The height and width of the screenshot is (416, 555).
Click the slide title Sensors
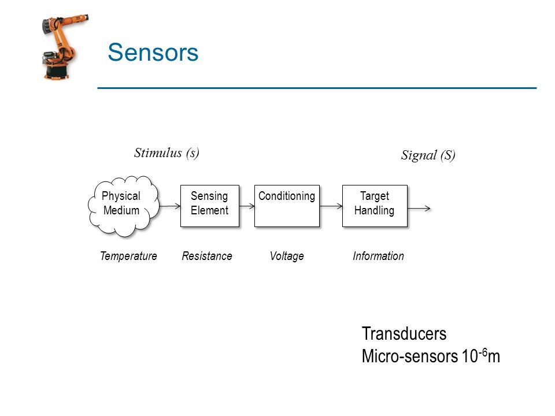click(x=153, y=53)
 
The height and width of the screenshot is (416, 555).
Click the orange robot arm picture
click(x=64, y=46)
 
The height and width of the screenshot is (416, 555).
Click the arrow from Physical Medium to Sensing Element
click(x=170, y=206)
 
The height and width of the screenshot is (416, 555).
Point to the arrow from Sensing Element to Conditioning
click(x=247, y=206)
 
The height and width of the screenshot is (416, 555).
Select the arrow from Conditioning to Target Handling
click(x=331, y=206)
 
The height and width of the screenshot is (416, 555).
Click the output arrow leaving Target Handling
click(x=419, y=209)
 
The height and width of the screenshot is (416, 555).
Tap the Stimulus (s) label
click(x=166, y=153)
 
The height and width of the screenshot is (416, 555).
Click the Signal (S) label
click(x=428, y=155)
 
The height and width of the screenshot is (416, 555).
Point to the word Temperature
click(x=128, y=256)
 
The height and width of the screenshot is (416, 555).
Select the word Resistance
click(x=207, y=256)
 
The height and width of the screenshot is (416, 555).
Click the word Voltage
click(x=287, y=256)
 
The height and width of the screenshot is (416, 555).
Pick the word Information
click(x=378, y=256)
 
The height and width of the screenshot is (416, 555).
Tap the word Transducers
click(x=404, y=333)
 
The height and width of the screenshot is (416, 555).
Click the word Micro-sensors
click(x=409, y=356)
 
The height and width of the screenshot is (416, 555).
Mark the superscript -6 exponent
click(x=483, y=352)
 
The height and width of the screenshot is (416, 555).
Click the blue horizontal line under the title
click(x=317, y=88)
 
